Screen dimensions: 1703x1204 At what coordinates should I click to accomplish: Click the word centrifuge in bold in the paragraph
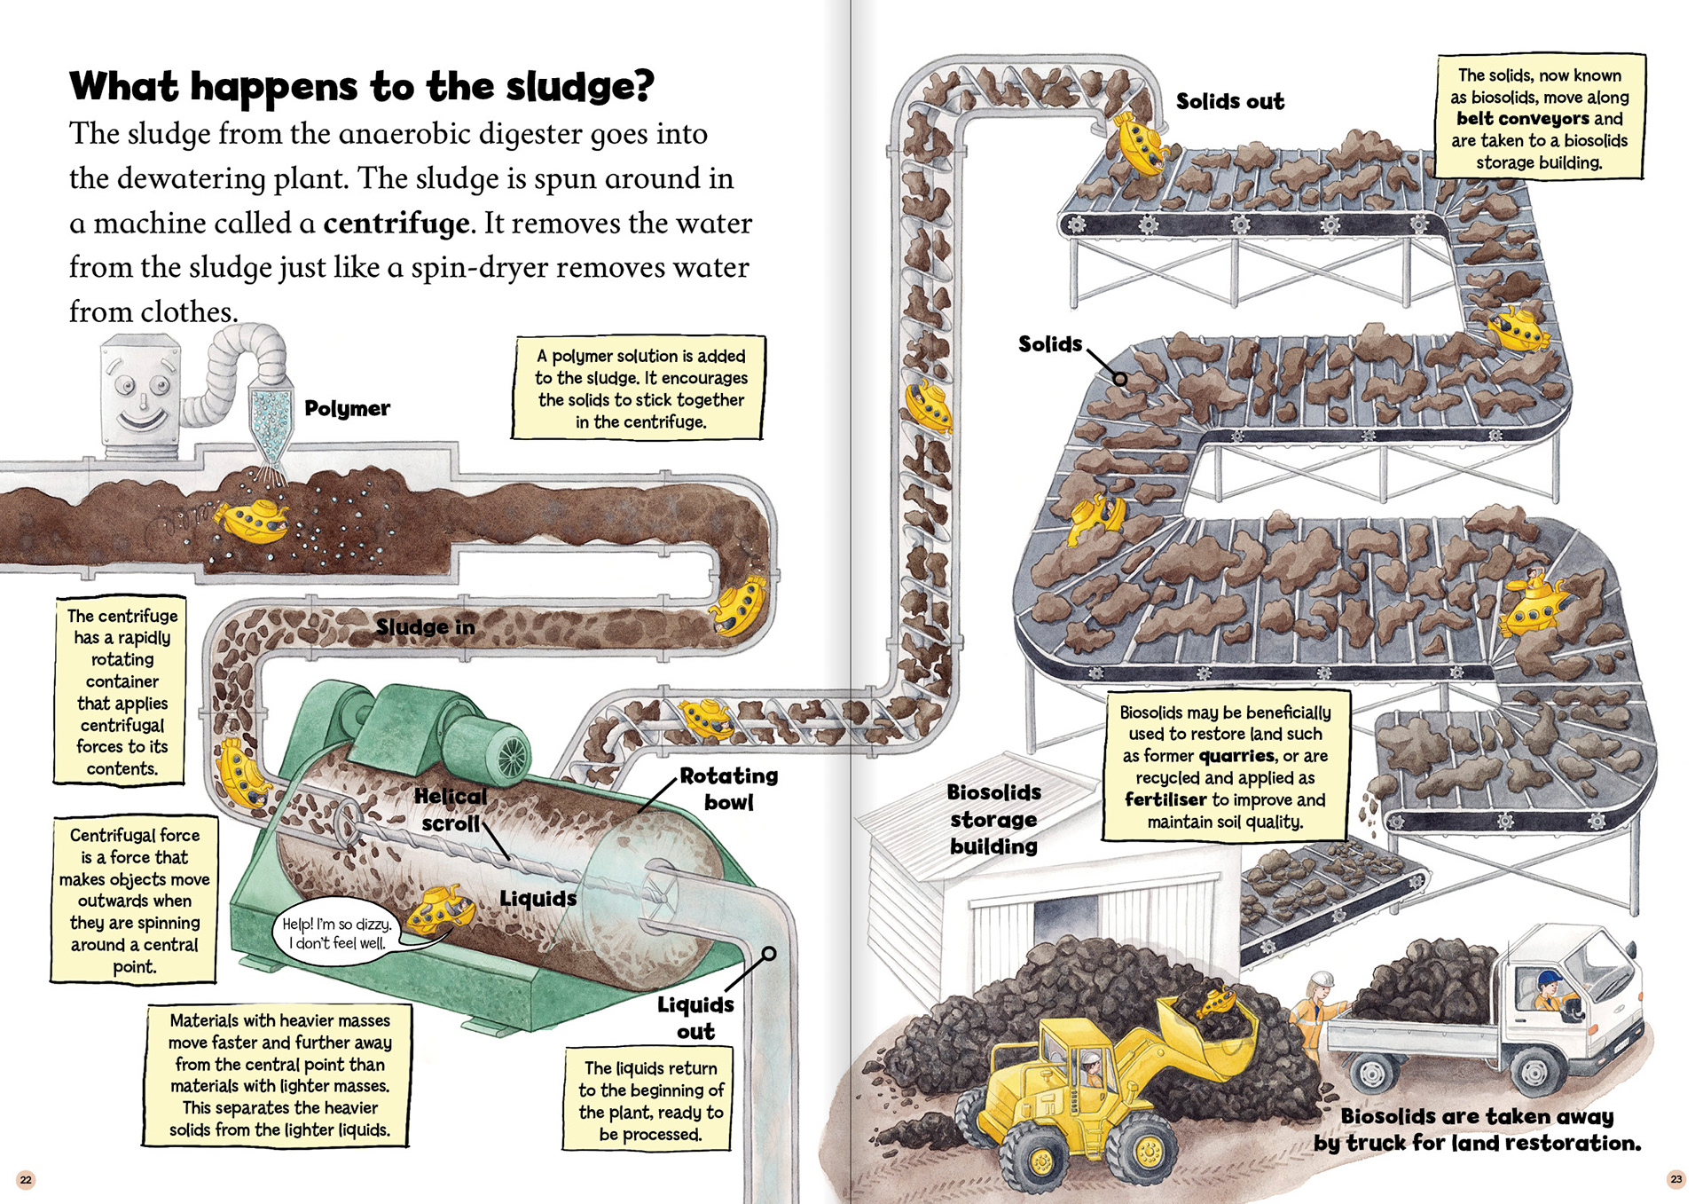396,224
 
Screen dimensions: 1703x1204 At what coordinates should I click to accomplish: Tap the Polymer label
347,408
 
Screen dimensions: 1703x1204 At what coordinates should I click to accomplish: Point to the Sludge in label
425,627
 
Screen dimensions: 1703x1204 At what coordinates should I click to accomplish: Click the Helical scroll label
451,810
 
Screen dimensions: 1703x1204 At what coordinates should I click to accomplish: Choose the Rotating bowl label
728,789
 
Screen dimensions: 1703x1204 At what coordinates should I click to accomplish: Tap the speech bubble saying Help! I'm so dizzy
337,933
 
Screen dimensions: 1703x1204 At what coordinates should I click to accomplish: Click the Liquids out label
695,1018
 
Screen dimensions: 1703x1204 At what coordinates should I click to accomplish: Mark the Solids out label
1229,102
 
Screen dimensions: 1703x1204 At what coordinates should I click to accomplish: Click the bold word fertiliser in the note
1165,799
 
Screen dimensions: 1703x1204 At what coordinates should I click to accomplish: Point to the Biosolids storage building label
993,819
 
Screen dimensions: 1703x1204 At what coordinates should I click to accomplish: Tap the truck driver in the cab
1550,991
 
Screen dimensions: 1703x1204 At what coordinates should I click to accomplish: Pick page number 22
26,1179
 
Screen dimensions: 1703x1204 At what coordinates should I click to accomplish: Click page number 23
1676,1179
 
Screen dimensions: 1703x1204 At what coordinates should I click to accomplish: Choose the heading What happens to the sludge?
362,87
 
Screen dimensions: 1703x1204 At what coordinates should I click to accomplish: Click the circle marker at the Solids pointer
1120,379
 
